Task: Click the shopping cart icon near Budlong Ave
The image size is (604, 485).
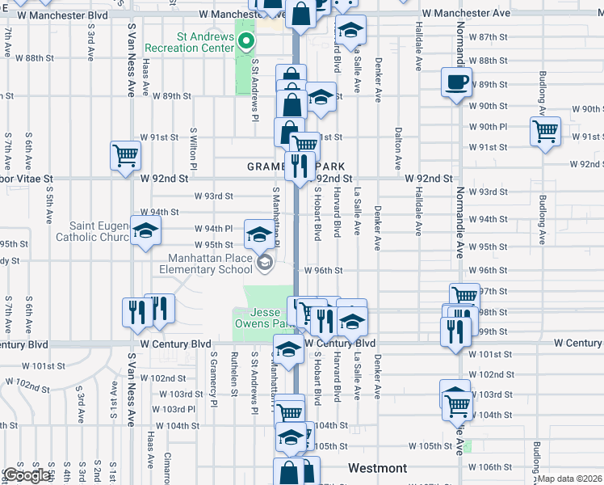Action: coord(546,131)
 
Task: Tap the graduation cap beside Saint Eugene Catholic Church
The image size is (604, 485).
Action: coord(146,232)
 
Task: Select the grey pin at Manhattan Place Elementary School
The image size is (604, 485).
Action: coord(264,262)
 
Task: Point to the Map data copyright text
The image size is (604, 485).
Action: coord(570,479)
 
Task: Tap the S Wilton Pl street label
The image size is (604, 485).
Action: coord(194,147)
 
